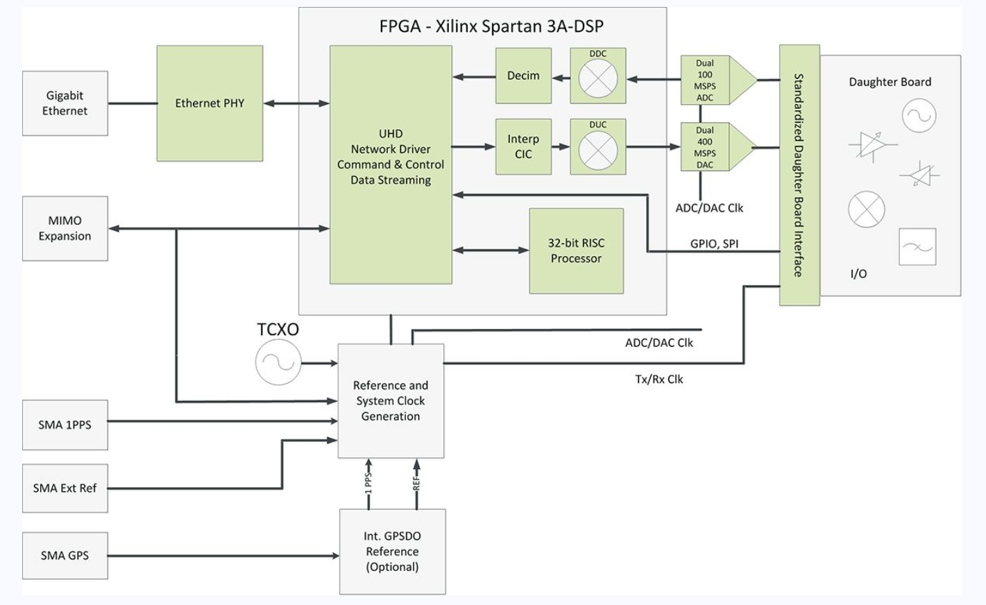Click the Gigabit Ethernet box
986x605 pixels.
point(65,103)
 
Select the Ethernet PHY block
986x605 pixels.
point(210,103)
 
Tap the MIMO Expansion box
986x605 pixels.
point(65,228)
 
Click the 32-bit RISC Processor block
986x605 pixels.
point(576,250)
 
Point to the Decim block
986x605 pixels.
point(523,76)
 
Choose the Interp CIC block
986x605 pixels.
point(523,146)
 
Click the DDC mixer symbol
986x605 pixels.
point(598,78)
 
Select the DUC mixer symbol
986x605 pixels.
point(598,150)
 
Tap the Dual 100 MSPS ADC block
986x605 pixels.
point(705,80)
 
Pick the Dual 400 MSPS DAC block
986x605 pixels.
point(705,147)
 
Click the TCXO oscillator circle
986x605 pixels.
point(278,361)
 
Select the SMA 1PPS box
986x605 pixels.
point(65,425)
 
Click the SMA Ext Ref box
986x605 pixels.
point(65,488)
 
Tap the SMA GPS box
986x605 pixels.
point(65,556)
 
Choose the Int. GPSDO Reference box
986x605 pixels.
point(392,552)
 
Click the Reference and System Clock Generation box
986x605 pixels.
point(391,400)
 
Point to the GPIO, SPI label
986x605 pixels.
point(714,244)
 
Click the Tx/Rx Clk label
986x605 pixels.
point(658,380)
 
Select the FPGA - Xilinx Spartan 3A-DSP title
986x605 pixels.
point(491,26)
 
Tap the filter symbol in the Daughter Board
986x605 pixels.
point(917,247)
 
